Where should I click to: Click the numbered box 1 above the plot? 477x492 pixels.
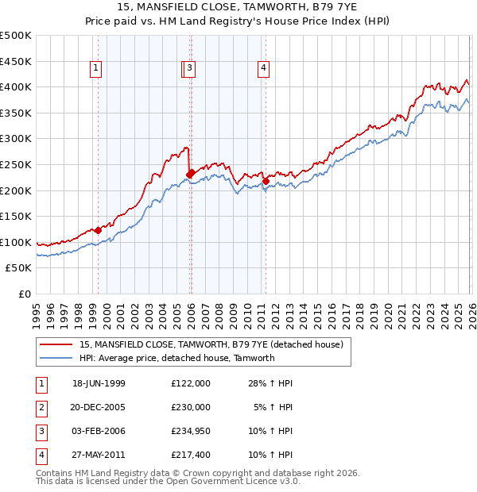96,69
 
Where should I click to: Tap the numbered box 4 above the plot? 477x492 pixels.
262,69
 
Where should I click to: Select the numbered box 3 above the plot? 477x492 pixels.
192,69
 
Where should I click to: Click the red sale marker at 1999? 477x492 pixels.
99,231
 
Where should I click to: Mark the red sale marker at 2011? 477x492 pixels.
266,181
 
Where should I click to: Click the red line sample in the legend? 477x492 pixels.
56,344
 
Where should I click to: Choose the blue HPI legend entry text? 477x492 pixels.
176,358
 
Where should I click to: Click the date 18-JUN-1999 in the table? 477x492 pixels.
99,383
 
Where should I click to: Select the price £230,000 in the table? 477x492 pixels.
190,407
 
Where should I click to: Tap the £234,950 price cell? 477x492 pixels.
190,431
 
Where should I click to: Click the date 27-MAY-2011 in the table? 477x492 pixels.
99,455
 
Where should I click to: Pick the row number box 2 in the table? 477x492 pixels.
40,407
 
